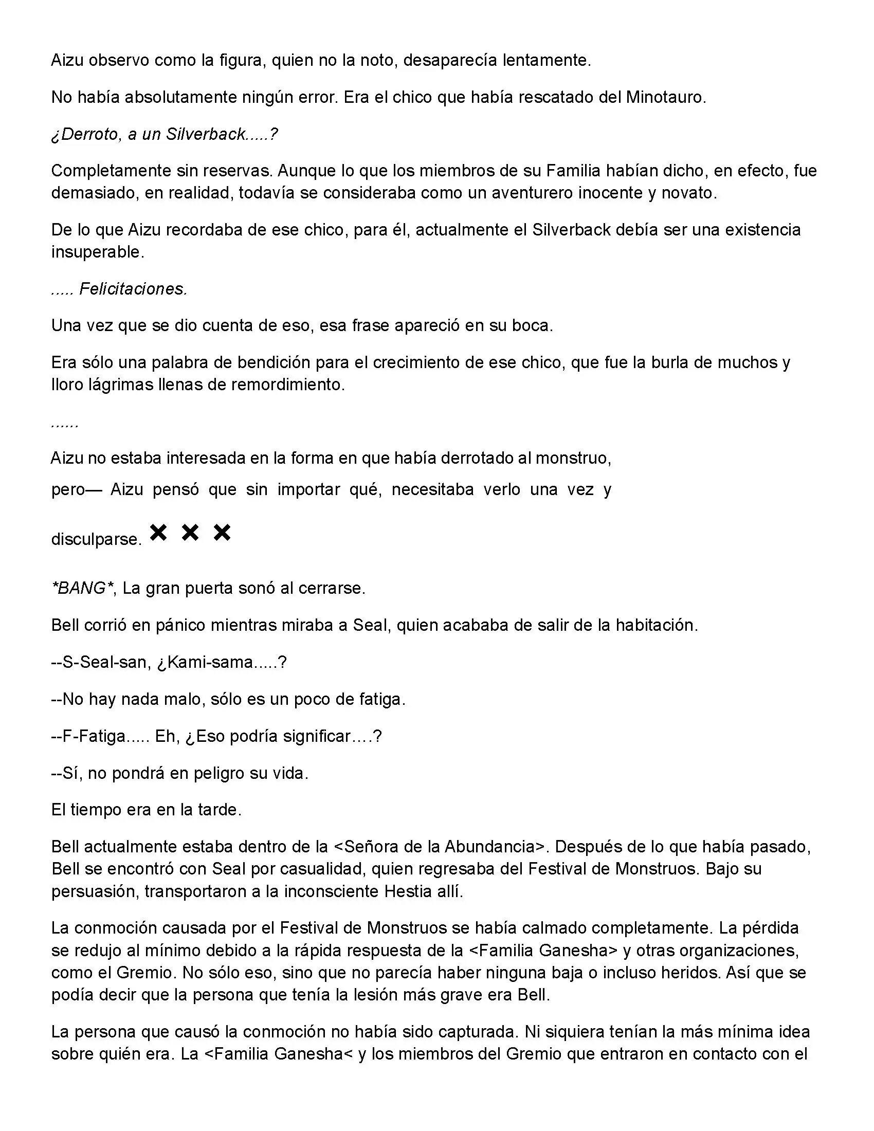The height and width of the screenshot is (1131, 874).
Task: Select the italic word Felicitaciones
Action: coord(133,289)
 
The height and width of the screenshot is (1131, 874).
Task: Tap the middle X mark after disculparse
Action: coord(190,533)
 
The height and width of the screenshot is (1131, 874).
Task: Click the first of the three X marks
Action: coord(158,533)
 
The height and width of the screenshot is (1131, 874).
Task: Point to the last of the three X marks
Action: coord(222,533)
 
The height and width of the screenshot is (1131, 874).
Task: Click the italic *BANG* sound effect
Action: coord(82,588)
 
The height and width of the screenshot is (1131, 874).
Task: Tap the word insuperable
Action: coord(97,252)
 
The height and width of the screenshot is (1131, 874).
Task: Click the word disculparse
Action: coord(96,540)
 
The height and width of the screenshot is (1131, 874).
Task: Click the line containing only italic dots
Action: coord(65,424)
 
